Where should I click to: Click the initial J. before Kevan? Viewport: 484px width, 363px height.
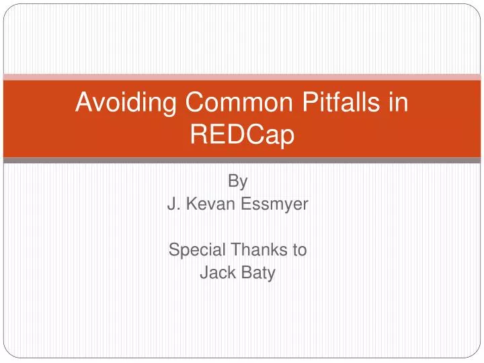(x=173, y=204)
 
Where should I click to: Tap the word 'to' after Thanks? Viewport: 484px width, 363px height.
(x=299, y=250)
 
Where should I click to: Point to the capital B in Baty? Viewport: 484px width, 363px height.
(x=245, y=274)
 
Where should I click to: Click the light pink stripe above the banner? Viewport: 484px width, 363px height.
(x=242, y=77)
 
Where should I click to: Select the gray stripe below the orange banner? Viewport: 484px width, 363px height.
(x=242, y=161)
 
